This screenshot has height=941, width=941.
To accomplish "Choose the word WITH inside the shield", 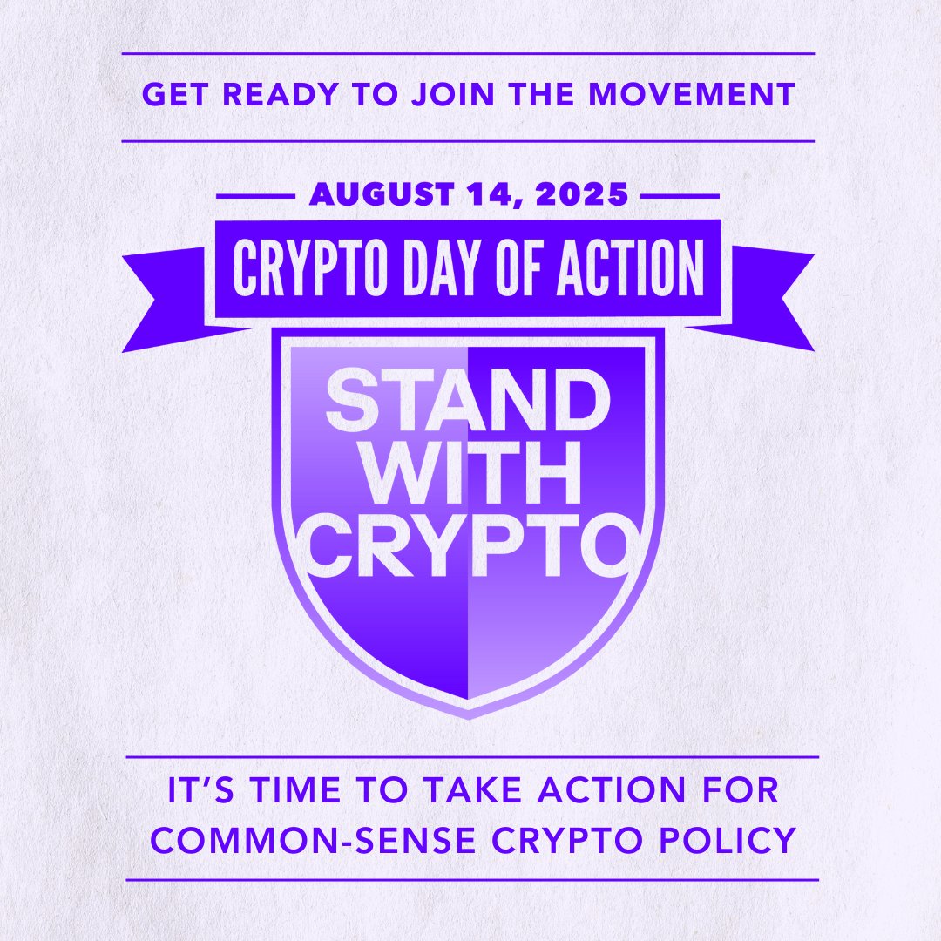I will (x=468, y=477).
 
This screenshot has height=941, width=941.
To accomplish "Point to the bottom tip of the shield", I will (x=469, y=714).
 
